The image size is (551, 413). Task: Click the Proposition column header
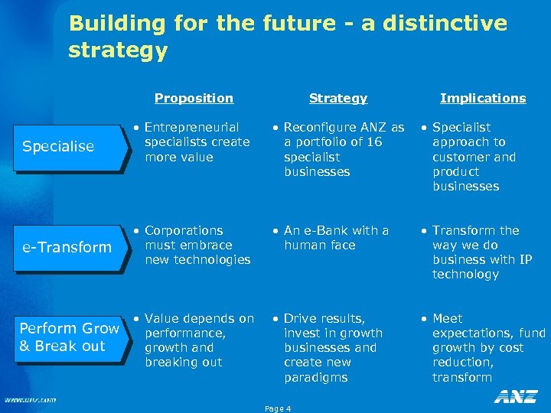pyautogui.click(x=194, y=98)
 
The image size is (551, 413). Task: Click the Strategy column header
pyautogui.click(x=337, y=98)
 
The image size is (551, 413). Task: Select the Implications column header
pyautogui.click(x=483, y=98)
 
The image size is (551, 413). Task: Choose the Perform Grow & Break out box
pyautogui.click(x=68, y=337)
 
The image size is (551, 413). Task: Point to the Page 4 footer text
pyautogui.click(x=278, y=408)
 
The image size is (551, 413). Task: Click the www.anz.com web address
pyautogui.click(x=30, y=399)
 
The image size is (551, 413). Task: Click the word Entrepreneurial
pyautogui.click(x=191, y=127)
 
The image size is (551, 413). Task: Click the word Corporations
pyautogui.click(x=184, y=230)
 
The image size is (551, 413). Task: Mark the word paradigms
pyautogui.click(x=315, y=377)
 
